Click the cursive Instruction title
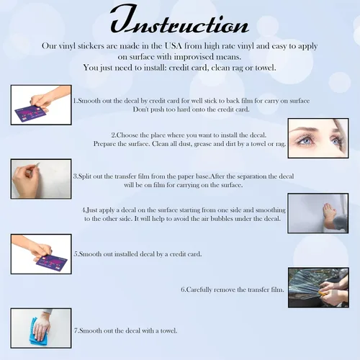pos(179,20)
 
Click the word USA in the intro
pos(173,45)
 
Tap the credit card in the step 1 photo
pos(30,112)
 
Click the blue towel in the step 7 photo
pos(36,333)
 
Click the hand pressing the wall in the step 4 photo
pos(329,212)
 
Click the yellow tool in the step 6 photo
pos(322,292)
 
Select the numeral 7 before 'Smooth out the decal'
pos(76,330)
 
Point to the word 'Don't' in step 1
pos(140,109)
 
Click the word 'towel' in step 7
pos(168,330)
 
